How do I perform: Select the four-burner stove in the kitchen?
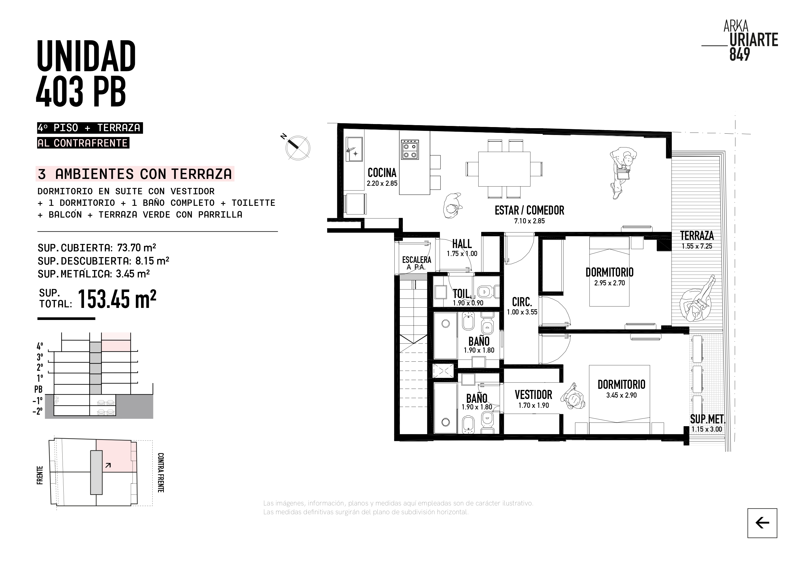tap(410, 150)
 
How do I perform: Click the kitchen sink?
tap(354, 149)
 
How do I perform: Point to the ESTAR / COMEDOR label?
tap(529, 210)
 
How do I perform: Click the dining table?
tap(504, 169)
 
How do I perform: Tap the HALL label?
tap(462, 244)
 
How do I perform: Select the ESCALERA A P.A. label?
tap(417, 263)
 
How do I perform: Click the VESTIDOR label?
tap(533, 395)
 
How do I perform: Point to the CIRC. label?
tap(522, 302)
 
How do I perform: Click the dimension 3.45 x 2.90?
tap(621, 395)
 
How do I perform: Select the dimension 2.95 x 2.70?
tap(609, 283)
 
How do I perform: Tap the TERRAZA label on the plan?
tap(697, 236)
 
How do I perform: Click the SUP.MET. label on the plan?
tap(708, 419)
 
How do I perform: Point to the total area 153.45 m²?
tap(117, 299)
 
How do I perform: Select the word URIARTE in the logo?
tap(754, 40)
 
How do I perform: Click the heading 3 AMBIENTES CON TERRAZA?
tap(135, 174)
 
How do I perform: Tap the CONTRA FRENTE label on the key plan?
tap(161, 472)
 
